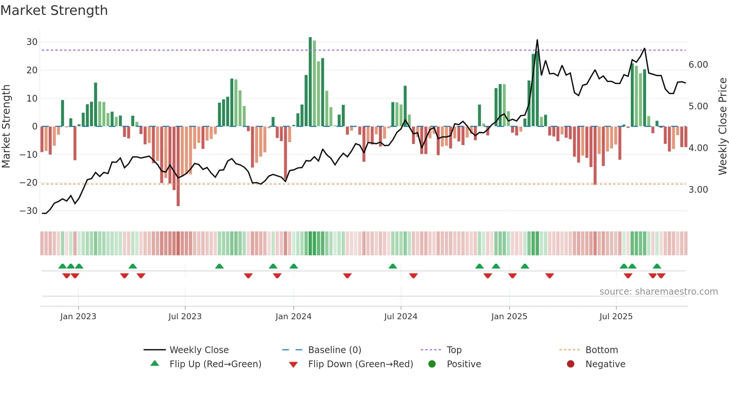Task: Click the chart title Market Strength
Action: (54, 10)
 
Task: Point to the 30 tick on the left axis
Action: (32, 42)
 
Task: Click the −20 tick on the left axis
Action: (29, 183)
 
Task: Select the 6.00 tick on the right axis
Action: (698, 65)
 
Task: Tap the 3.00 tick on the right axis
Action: (698, 190)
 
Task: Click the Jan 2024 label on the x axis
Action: (293, 317)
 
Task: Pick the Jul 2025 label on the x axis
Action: (616, 317)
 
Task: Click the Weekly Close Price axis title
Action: (722, 126)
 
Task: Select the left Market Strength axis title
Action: (6, 126)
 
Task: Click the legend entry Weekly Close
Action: (199, 350)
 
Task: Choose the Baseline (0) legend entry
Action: (334, 350)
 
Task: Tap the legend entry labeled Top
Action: (454, 350)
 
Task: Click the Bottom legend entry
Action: (601, 350)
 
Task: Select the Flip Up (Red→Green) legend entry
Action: (215, 364)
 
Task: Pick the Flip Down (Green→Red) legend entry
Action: (360, 364)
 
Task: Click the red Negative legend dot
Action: (571, 364)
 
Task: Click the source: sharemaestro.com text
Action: (658, 292)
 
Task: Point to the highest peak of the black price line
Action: (537, 40)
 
